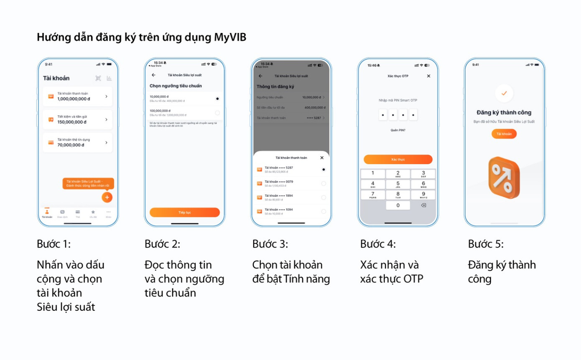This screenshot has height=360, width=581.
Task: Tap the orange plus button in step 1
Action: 107,197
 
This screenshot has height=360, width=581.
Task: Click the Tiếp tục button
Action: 184,212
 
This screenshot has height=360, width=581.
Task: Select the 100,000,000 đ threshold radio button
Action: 217,113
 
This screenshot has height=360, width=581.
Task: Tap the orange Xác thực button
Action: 398,160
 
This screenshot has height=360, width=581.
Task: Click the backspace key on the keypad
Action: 423,205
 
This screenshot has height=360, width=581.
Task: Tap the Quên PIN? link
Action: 398,130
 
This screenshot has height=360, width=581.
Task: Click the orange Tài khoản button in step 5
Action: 504,134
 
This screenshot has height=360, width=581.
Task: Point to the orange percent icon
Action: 504,177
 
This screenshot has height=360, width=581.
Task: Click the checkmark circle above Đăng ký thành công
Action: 504,93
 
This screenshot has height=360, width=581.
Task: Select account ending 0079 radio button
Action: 324,183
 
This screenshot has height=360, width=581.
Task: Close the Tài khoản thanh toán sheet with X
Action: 321,157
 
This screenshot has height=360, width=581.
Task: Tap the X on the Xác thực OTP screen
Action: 428,76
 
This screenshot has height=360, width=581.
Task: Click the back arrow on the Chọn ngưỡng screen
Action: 153,75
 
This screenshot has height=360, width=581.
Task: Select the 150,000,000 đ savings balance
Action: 71,122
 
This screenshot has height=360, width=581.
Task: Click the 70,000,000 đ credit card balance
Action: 71,145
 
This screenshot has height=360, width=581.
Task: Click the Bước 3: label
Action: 270,244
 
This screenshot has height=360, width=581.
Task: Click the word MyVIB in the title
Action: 230,37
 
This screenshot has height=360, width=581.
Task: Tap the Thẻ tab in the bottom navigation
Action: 77,213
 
